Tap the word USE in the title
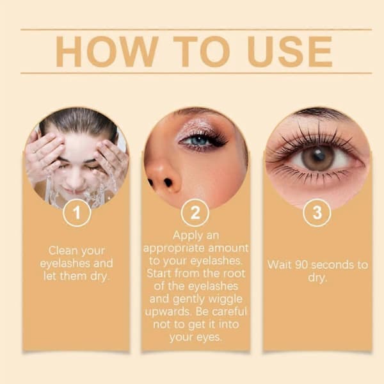pos(290,51)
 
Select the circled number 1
pos(77,212)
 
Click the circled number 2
pos(195,212)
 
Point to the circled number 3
pos(317,212)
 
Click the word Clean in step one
pos(63,250)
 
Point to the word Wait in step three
pos(280,265)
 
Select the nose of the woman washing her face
pos(75,179)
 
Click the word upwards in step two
pos(168,312)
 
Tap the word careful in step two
pos(230,312)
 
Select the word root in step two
pos(235,273)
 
